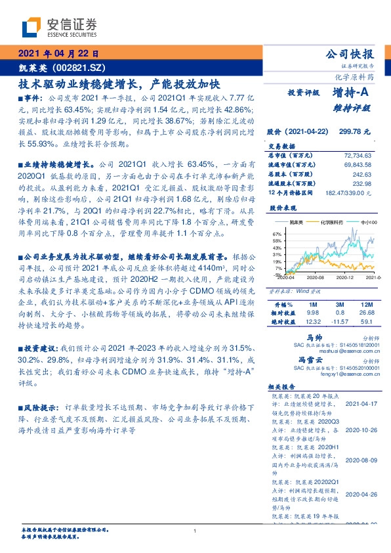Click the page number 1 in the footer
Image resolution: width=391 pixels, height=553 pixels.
195,531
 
